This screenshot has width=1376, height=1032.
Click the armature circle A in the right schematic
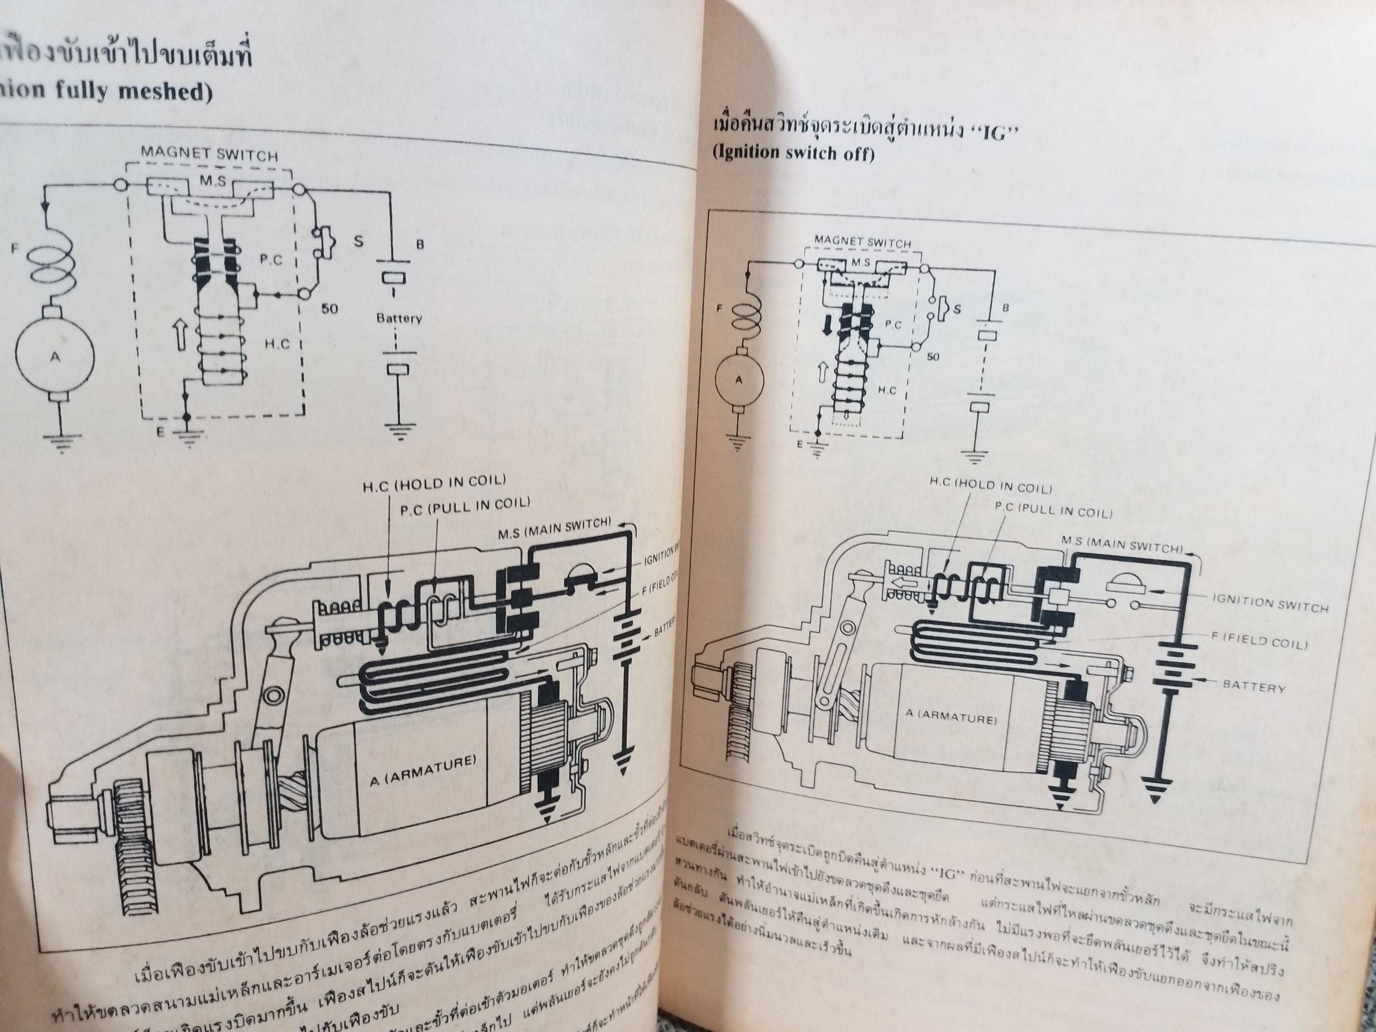tap(739, 379)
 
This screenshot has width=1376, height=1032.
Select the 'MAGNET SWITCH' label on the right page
tap(862, 242)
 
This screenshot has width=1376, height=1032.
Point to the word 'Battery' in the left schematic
tap(399, 319)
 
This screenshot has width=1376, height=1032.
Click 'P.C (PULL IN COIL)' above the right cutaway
tap(1053, 510)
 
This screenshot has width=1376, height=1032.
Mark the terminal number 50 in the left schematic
tap(330, 309)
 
